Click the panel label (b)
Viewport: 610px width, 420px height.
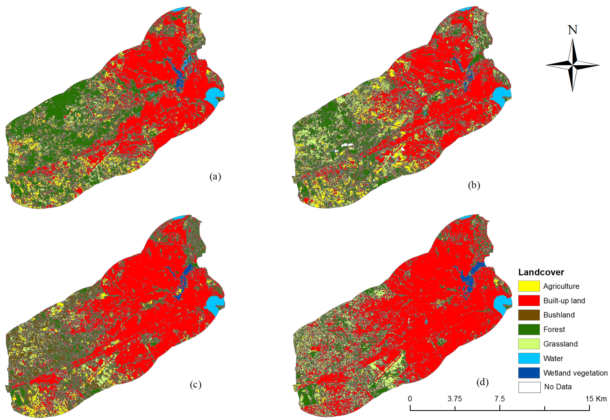474,185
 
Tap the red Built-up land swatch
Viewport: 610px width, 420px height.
529,301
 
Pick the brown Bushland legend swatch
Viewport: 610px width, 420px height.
529,315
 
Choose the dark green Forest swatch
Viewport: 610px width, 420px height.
529,329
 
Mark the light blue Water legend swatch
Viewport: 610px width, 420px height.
529,358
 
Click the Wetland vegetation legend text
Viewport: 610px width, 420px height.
575,373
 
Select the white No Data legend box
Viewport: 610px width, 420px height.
529,387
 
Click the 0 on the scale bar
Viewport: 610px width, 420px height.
410,399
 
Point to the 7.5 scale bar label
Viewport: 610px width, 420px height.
499,399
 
